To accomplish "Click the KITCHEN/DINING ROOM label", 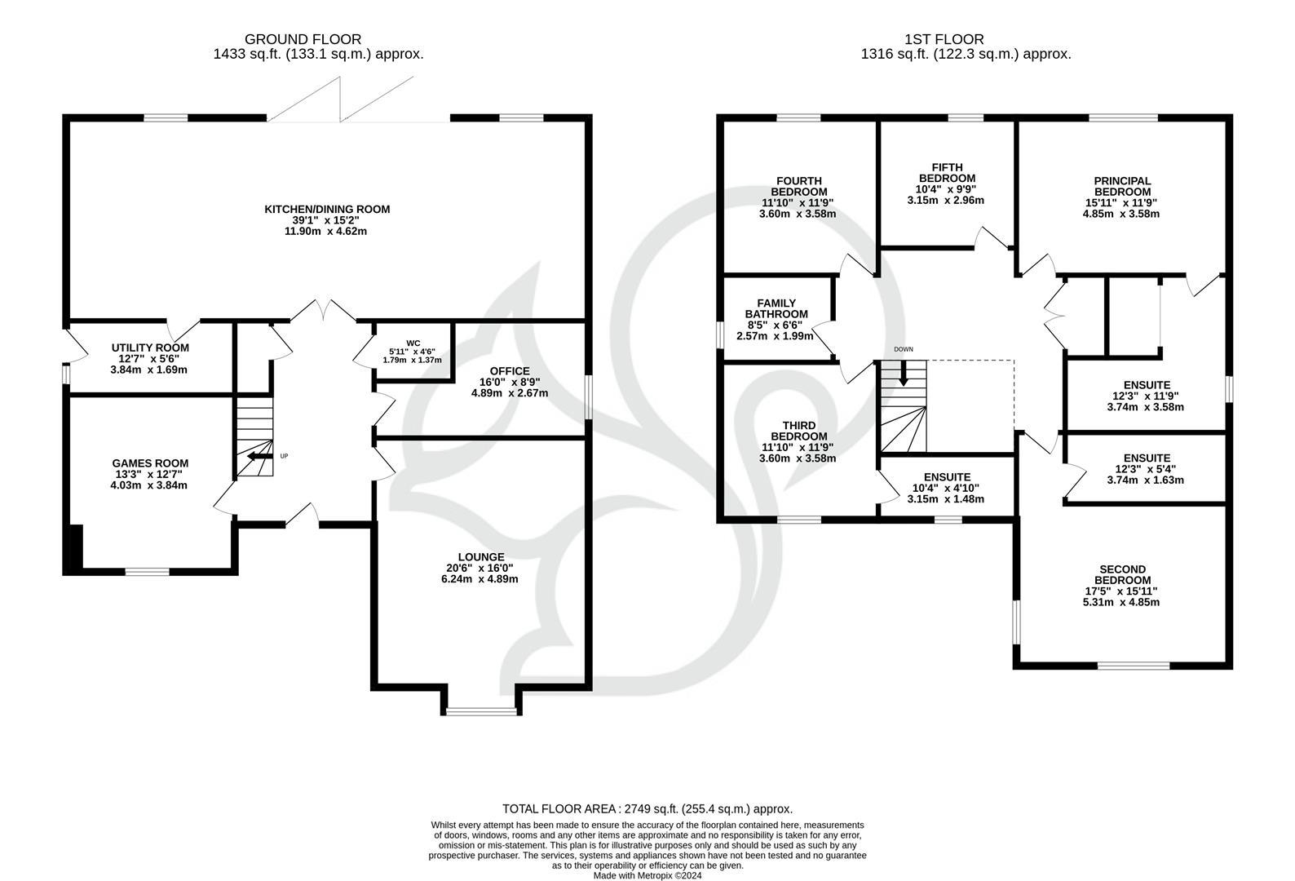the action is [x=327, y=210].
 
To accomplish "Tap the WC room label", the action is [x=413, y=343].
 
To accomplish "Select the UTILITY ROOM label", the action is [x=150, y=348].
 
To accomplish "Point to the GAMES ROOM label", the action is [x=150, y=463].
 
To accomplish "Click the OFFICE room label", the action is [x=510, y=371].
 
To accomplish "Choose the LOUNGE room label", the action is [x=481, y=557].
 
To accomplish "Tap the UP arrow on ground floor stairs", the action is [x=259, y=457].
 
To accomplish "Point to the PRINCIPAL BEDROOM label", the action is [x=1122, y=186].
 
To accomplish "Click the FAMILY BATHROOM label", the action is [x=776, y=308].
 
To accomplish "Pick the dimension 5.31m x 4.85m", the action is [x=1121, y=602].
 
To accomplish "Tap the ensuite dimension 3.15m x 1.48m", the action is [x=946, y=499].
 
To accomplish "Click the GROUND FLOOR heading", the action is [x=303, y=39].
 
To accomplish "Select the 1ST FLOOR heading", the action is [x=944, y=39].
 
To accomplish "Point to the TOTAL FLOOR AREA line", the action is [x=647, y=809].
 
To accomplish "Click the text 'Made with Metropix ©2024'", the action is [x=647, y=876].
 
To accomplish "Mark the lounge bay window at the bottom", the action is [x=482, y=711].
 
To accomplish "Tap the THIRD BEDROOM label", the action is [x=799, y=431].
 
